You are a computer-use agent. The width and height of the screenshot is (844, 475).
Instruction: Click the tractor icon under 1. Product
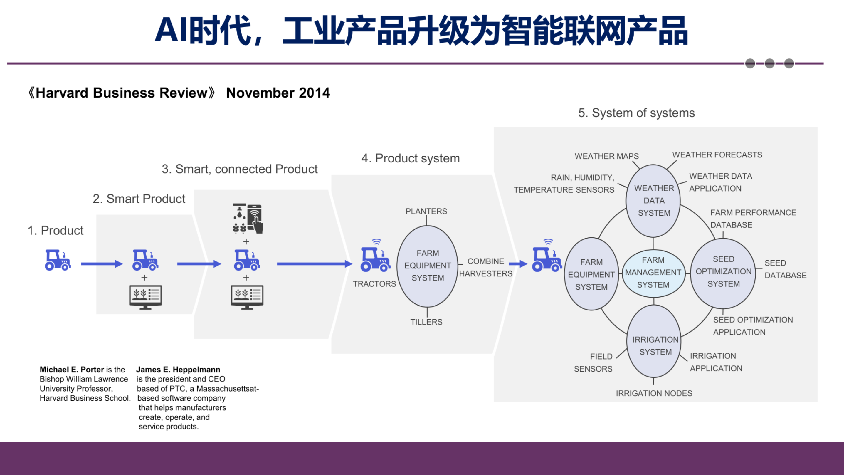point(58,260)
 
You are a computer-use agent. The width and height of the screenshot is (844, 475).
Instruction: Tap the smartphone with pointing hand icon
point(255,219)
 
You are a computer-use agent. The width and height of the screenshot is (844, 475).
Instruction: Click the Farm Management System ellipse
point(653,273)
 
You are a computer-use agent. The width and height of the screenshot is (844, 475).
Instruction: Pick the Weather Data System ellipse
point(653,201)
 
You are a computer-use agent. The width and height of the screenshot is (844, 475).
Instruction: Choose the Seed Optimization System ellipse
point(723,272)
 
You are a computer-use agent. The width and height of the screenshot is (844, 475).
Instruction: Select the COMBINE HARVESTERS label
point(485,268)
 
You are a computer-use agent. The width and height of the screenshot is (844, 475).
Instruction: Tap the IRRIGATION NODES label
point(654,393)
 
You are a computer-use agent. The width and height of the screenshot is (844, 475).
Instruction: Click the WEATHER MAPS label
point(606,156)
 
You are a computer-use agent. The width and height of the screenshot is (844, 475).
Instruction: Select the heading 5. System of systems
point(636,113)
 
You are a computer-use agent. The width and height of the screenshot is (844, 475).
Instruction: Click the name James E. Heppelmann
point(178,370)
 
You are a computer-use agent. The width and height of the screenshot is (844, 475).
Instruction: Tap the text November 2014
point(278,93)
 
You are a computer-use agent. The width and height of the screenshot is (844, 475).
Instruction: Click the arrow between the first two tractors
point(101,264)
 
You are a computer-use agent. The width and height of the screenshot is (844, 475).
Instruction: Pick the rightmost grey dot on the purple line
point(789,63)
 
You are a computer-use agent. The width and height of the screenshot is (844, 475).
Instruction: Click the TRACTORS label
point(374,284)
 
